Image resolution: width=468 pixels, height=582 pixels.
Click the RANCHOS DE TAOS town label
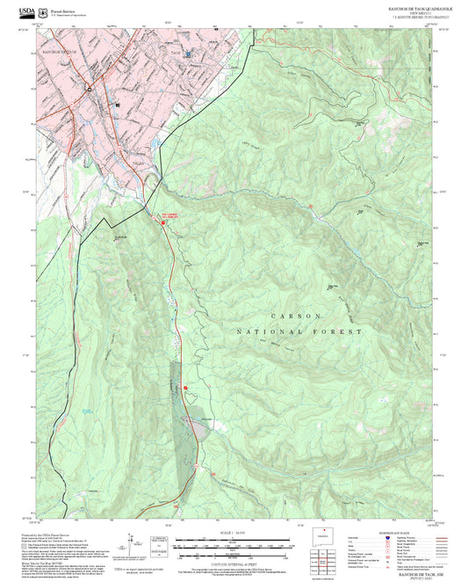[60, 53]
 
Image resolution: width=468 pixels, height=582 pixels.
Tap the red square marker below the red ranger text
[163, 223]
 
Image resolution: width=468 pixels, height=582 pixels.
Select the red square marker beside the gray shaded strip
[185, 387]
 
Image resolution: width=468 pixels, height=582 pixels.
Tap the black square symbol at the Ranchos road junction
[89, 88]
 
